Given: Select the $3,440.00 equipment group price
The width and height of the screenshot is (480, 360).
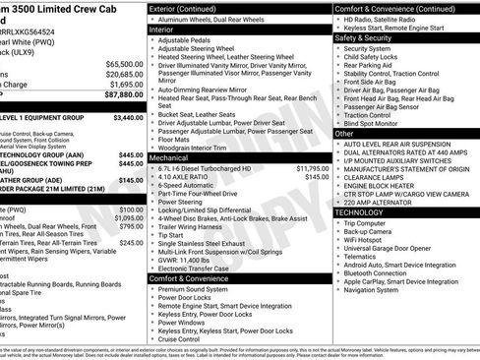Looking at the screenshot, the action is pos(129,117).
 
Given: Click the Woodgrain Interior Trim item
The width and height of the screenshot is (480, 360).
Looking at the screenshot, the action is pos(204,148).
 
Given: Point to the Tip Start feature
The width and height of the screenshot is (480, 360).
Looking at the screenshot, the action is pos(170,235).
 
